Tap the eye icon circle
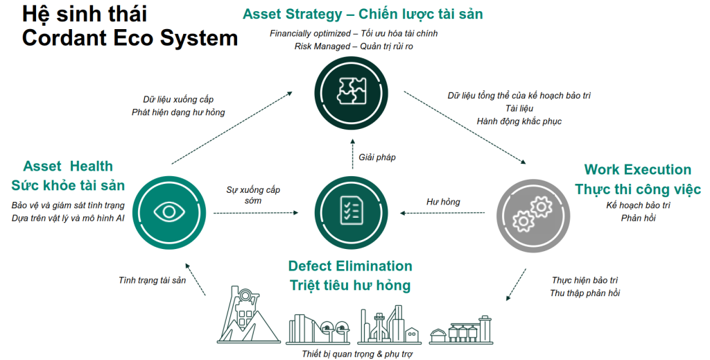(x=170, y=211)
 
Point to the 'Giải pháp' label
(x=377, y=157)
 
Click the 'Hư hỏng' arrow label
(x=443, y=202)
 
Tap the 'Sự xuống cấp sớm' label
(x=253, y=196)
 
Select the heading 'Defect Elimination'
(x=350, y=266)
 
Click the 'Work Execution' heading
(x=637, y=170)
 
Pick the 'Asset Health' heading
(x=68, y=166)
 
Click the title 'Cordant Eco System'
(x=130, y=37)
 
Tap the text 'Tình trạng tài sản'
(x=152, y=280)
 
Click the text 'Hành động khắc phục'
(x=519, y=121)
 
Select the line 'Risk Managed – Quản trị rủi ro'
(x=354, y=46)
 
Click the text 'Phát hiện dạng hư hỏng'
(x=178, y=112)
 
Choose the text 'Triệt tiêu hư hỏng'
(x=350, y=285)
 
